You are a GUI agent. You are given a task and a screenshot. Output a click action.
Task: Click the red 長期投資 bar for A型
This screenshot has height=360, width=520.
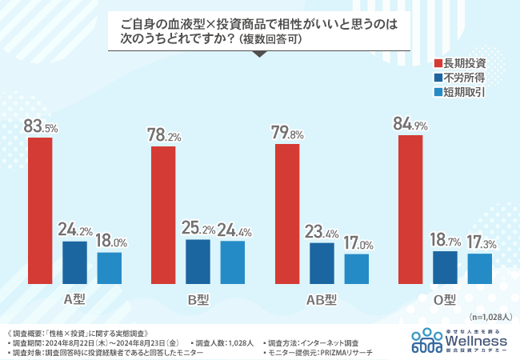pos(40,211)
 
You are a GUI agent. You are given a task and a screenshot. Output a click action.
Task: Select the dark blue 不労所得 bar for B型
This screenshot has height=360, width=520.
pos(198,262)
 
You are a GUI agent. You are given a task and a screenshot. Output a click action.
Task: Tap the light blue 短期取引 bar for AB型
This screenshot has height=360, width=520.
pos(357,269)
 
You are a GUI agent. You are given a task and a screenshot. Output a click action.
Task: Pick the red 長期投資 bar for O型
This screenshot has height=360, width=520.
pos(410,210)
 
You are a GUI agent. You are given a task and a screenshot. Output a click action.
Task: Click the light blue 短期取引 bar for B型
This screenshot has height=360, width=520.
pos(232,262)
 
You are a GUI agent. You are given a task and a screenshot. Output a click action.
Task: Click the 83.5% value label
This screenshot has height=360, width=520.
pos(40,126)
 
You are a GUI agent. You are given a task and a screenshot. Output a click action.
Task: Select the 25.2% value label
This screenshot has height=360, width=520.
pos(198,229)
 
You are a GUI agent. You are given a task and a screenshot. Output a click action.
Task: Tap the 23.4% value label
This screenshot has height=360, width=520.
pos(322,232)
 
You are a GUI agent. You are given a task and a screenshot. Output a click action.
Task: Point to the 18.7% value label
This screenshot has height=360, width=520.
pos(446,240)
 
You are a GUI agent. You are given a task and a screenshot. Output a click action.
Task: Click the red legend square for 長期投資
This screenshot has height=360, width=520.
pos(438,63)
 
